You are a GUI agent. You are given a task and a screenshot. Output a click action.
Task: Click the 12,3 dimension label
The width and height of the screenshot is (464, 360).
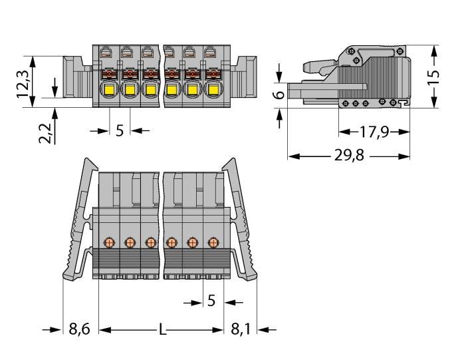[x=23, y=85]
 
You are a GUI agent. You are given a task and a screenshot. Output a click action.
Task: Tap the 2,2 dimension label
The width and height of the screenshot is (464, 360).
[x=45, y=133]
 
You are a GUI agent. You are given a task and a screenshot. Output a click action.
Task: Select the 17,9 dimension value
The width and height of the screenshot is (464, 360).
[x=374, y=132]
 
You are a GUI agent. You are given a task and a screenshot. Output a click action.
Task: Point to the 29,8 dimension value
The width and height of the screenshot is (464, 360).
[x=349, y=155]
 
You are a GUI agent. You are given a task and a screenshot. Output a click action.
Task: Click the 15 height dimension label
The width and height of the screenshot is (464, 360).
[x=434, y=77]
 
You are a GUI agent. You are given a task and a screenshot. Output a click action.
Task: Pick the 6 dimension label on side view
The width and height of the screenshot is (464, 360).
[x=279, y=95]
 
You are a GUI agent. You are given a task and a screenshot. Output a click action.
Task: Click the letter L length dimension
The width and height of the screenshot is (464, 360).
[x=162, y=329]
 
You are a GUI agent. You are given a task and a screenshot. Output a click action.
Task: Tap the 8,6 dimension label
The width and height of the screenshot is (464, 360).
[x=79, y=329]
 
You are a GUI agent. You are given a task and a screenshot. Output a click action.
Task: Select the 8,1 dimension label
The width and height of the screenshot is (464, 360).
[x=241, y=329]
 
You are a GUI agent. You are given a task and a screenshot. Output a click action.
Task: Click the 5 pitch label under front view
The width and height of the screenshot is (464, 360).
[x=120, y=130]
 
